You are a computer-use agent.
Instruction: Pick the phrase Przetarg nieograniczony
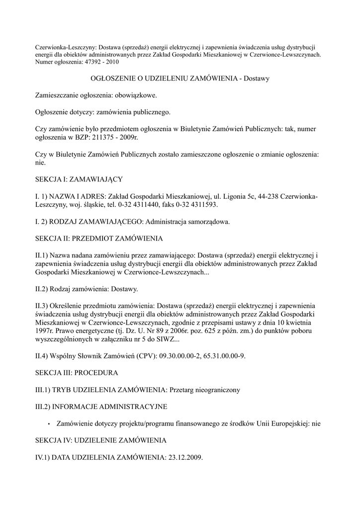[205, 390]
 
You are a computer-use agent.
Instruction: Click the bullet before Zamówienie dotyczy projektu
[49, 424]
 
